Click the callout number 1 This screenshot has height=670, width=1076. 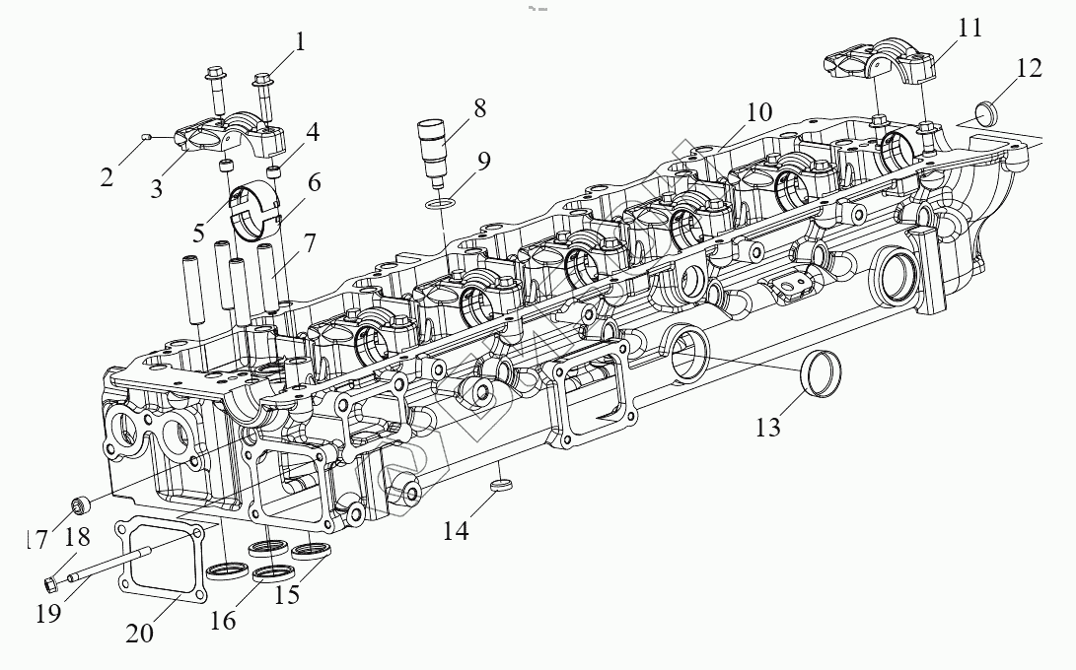[x=300, y=41]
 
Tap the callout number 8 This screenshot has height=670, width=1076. [x=479, y=108]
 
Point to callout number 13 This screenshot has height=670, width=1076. [x=768, y=426]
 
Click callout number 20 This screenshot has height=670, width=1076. [x=139, y=633]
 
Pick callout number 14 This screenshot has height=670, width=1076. [x=455, y=531]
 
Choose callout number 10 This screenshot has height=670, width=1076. [x=758, y=111]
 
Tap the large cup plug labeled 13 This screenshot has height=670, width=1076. [x=821, y=371]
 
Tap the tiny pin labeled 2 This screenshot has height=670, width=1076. [x=145, y=137]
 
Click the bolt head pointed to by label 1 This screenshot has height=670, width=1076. [x=262, y=79]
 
